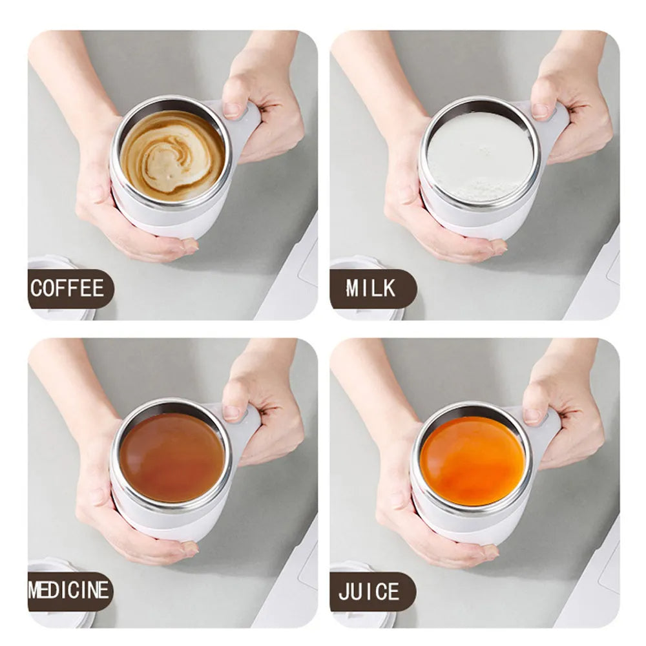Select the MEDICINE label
click(x=69, y=590)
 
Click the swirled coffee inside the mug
click(x=172, y=154)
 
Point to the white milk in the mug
click(x=480, y=156)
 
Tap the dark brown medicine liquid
click(x=172, y=457)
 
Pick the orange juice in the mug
click(x=472, y=461)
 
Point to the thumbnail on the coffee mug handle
click(x=233, y=109)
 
